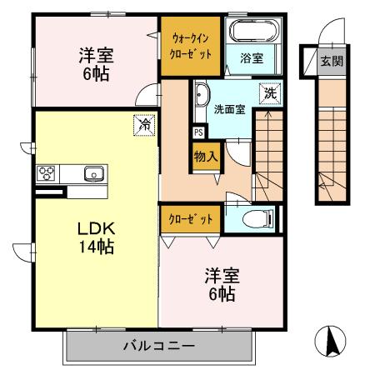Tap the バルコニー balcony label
click(x=159, y=345)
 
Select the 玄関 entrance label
click(x=332, y=61)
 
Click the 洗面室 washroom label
click(x=228, y=109)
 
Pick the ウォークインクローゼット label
click(x=192, y=45)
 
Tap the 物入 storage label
click(x=206, y=155)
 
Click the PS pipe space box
click(x=198, y=132)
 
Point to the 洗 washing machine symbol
click(x=269, y=93)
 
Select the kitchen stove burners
click(x=46, y=173)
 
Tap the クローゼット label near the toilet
click(x=192, y=219)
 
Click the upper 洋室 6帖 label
click(x=97, y=62)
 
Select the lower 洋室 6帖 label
click(x=220, y=284)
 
